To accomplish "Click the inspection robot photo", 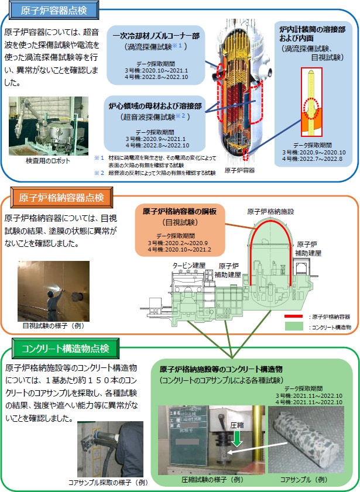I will point(49,126).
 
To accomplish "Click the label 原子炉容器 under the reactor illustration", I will point(240,170).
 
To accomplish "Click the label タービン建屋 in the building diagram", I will point(189,266).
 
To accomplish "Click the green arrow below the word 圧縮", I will point(237,438).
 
